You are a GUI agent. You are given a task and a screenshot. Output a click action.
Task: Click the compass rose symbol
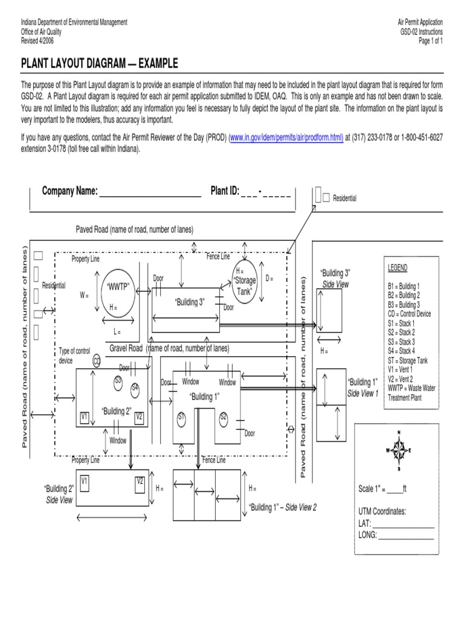coord(399,450)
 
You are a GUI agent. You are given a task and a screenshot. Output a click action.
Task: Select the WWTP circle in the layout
coord(118,288)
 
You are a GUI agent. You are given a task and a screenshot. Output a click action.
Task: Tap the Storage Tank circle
coord(244,282)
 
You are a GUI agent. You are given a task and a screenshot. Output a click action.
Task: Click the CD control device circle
coord(97,361)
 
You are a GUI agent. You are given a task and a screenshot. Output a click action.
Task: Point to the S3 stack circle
coord(118,381)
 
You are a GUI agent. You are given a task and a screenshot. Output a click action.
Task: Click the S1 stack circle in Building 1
coord(181,417)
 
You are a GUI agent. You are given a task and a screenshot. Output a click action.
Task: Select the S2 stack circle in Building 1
coord(223,416)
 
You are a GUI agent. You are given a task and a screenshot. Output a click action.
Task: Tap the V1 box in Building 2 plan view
coord(85,416)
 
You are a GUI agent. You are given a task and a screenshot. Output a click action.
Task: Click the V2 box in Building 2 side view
coord(140,482)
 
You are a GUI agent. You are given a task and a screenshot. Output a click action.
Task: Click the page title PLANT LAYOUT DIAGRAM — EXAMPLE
coord(100,65)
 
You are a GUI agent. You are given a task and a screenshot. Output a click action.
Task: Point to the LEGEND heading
coord(398,268)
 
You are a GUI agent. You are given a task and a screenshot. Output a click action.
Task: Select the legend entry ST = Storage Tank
coord(407,360)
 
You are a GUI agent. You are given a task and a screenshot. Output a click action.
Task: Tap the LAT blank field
coord(403,524)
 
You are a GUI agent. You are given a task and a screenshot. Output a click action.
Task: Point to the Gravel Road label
coord(126,348)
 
